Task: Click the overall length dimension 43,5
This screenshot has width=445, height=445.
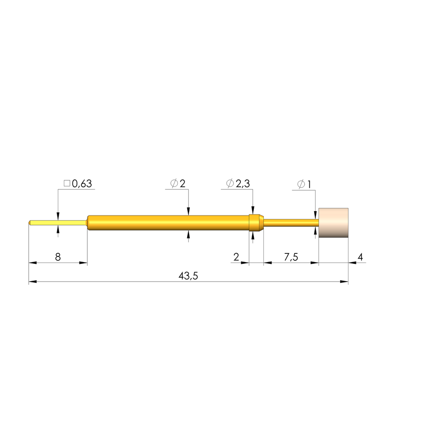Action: point(188,276)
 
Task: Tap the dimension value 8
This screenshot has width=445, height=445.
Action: point(58,257)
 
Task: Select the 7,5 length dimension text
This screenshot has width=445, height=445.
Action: point(291,257)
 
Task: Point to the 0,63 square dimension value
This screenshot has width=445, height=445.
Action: point(82,184)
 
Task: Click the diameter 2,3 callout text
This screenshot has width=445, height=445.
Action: point(242,184)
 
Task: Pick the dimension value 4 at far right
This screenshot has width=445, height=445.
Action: point(360,257)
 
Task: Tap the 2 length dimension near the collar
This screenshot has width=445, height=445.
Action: point(236,257)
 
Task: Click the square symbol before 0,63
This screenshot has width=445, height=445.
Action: point(67,183)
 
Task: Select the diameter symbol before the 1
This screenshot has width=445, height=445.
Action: point(301,184)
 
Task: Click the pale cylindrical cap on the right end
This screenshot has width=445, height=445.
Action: point(333,223)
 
